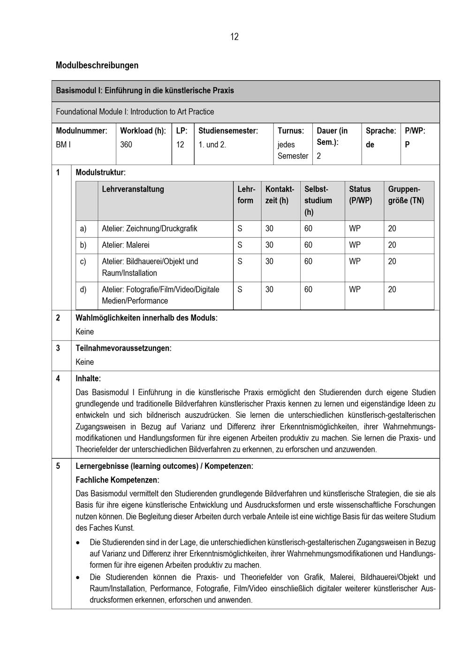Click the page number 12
(x=234, y=37)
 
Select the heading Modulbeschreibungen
(x=97, y=65)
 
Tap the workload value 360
(x=126, y=144)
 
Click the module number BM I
(x=63, y=144)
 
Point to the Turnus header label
(x=290, y=131)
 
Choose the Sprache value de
(x=370, y=144)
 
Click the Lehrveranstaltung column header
(x=133, y=189)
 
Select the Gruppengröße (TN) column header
(x=406, y=195)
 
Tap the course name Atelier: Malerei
(x=126, y=245)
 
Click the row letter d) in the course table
(x=83, y=289)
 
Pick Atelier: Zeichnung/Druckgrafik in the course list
(x=149, y=229)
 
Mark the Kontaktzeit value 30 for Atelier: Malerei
(x=269, y=245)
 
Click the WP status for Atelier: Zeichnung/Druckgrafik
(x=355, y=229)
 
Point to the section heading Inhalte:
(x=88, y=378)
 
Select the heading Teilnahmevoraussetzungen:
(x=123, y=348)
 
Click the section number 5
(x=58, y=466)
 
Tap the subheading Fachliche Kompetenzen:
(x=117, y=480)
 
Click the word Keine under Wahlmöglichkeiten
(x=84, y=332)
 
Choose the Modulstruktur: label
(x=100, y=173)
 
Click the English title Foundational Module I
(x=135, y=112)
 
